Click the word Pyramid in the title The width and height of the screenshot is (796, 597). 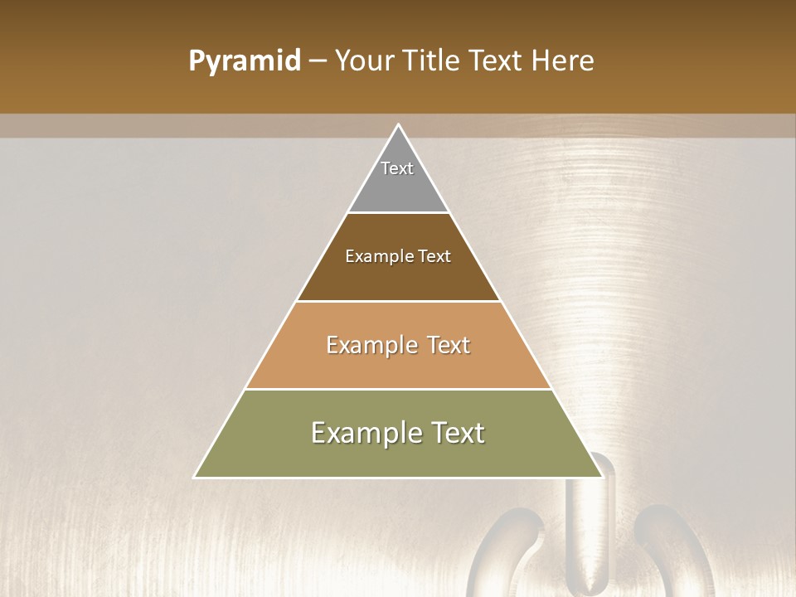245,61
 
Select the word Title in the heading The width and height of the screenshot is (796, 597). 434,61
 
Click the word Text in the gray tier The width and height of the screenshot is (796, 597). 397,168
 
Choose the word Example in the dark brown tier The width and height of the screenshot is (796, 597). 376,256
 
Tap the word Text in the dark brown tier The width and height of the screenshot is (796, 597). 434,256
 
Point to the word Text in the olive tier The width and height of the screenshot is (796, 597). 454,433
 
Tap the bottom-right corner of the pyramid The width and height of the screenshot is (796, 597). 602,477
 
